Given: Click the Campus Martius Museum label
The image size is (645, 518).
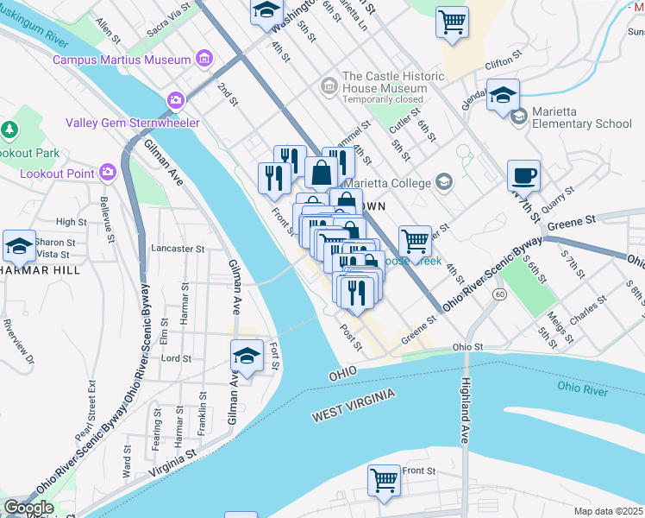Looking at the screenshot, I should click(x=121, y=60).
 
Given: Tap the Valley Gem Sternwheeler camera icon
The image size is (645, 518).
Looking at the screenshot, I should click(x=177, y=101).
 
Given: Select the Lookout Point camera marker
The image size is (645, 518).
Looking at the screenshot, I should click(x=108, y=171).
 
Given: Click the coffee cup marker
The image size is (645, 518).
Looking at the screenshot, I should click(x=523, y=176).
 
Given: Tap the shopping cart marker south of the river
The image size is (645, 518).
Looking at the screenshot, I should click(x=384, y=480).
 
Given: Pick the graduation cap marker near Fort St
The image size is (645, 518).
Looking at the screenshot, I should click(x=247, y=357).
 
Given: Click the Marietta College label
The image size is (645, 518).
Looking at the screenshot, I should click(x=389, y=182).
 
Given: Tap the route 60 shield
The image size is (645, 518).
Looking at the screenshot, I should click(x=499, y=295).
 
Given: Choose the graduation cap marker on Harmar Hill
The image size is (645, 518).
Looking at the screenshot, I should click(x=19, y=246).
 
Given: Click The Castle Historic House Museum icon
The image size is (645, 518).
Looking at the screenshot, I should click(x=329, y=87).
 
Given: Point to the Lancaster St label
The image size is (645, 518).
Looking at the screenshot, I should click(x=177, y=248).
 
